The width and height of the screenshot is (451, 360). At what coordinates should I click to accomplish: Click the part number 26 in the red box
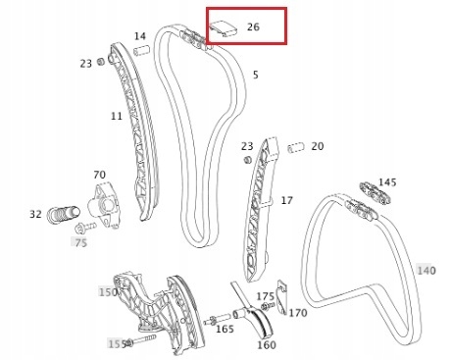coord(254,26)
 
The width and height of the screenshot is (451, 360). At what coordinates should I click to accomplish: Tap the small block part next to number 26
coord(225,26)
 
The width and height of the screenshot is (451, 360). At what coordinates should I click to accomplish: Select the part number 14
coord(140,36)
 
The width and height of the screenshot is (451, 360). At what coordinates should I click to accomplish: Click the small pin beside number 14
coord(140,50)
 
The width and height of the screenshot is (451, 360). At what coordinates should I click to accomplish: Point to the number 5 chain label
coord(255,75)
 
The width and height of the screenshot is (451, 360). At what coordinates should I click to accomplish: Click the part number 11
coord(116,116)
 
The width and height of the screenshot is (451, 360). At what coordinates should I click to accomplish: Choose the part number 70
coord(99,176)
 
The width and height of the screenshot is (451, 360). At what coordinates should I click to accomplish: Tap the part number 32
coord(35,214)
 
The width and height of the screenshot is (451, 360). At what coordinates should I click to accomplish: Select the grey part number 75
coord(80,241)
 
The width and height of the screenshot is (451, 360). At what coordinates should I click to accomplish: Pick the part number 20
coord(317,146)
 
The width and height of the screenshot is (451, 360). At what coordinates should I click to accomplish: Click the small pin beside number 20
coord(293,148)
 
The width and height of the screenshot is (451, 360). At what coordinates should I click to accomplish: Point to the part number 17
coord(286,200)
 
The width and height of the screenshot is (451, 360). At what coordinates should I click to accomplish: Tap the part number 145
coord(387,181)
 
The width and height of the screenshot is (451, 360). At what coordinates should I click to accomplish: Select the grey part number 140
coord(426,270)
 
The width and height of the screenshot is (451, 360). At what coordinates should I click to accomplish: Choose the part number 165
coord(225,330)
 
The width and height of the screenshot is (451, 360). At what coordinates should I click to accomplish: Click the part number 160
coord(266,344)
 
